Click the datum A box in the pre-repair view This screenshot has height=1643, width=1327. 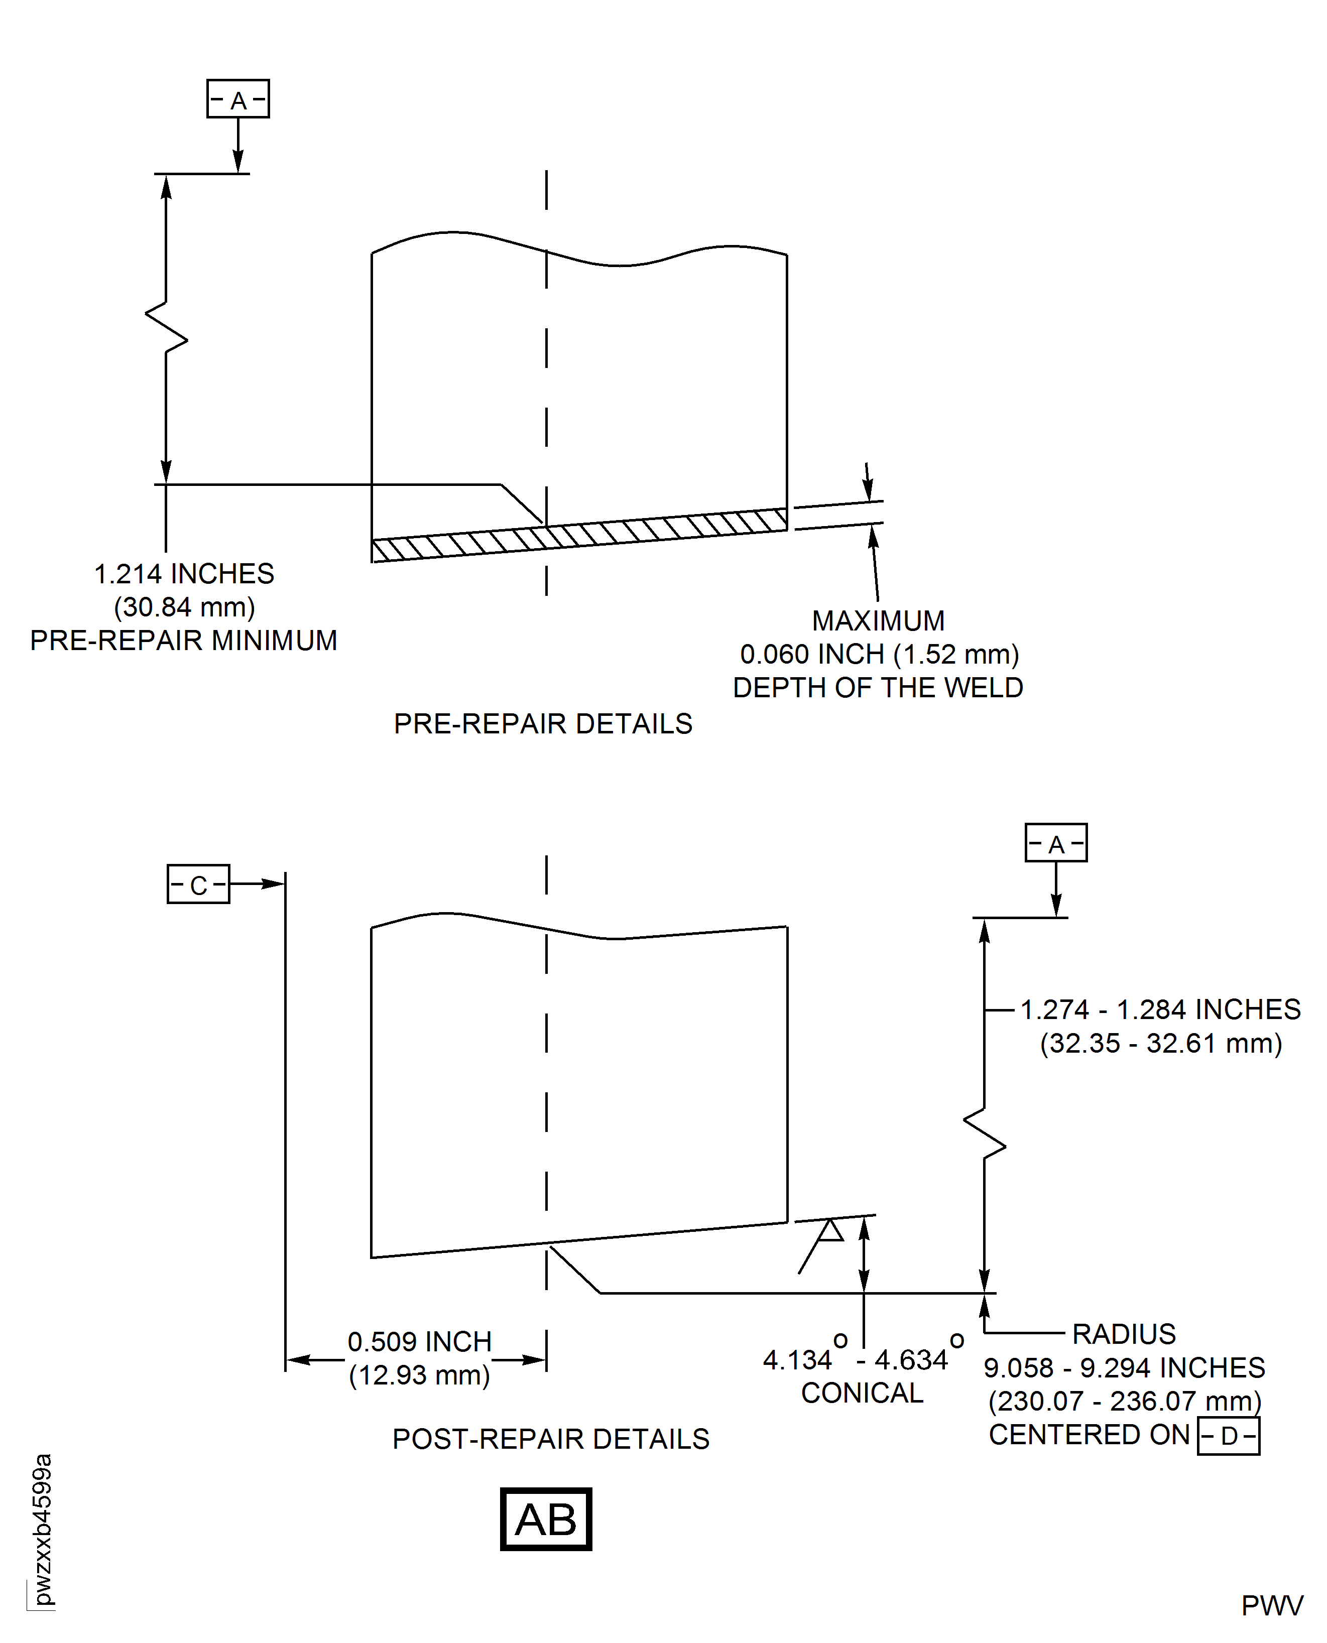(x=237, y=98)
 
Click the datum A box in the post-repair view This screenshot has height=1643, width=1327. (x=1056, y=843)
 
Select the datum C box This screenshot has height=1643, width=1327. (x=198, y=884)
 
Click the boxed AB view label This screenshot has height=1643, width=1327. (x=546, y=1519)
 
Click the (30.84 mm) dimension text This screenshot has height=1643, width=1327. (x=184, y=607)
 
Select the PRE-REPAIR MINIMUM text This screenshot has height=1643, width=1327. (x=183, y=641)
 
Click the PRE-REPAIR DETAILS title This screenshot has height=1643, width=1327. (x=543, y=724)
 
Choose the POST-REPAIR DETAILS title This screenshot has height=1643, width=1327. (x=550, y=1439)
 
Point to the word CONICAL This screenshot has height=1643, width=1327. (x=862, y=1393)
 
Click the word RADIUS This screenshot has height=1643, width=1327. (x=1124, y=1334)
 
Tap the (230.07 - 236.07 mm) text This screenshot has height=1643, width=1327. (x=1124, y=1402)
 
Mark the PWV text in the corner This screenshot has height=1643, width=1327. (x=1272, y=1606)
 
